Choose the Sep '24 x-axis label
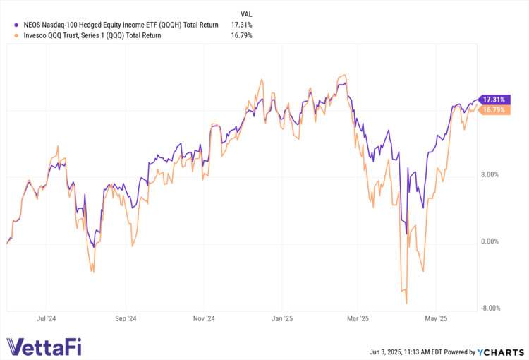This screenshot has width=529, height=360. (126, 319)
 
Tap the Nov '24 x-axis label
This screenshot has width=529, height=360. (203, 319)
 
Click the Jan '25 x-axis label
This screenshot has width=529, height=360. (282, 319)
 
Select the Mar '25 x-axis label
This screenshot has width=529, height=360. (358, 319)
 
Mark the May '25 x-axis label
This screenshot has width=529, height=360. (437, 319)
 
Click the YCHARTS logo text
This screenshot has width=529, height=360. (502, 352)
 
